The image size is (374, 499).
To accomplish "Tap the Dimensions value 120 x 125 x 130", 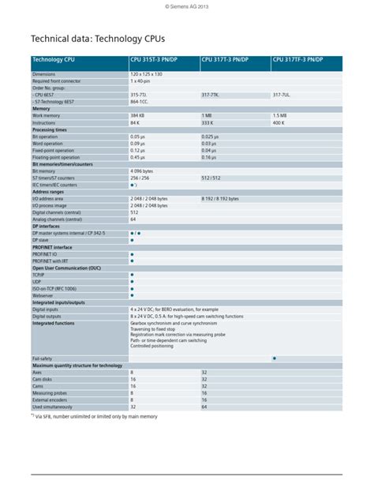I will (146, 73).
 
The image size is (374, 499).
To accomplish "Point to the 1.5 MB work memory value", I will (280, 116).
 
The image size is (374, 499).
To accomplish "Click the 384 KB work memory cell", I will (138, 116).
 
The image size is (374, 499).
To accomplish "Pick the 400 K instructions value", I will (279, 123).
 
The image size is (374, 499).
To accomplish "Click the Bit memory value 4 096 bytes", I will (147, 171).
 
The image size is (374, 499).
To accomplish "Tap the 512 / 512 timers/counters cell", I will (211, 178).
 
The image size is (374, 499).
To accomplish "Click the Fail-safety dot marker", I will (274, 358).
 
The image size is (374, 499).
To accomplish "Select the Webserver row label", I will (44, 295).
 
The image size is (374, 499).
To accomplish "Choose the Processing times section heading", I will (50, 129).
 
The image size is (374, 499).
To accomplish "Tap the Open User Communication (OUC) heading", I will (66, 268).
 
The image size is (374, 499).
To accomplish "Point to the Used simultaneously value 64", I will (204, 407).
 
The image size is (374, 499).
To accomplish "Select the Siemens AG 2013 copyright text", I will (187, 6).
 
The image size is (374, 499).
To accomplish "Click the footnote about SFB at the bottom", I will (95, 416).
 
